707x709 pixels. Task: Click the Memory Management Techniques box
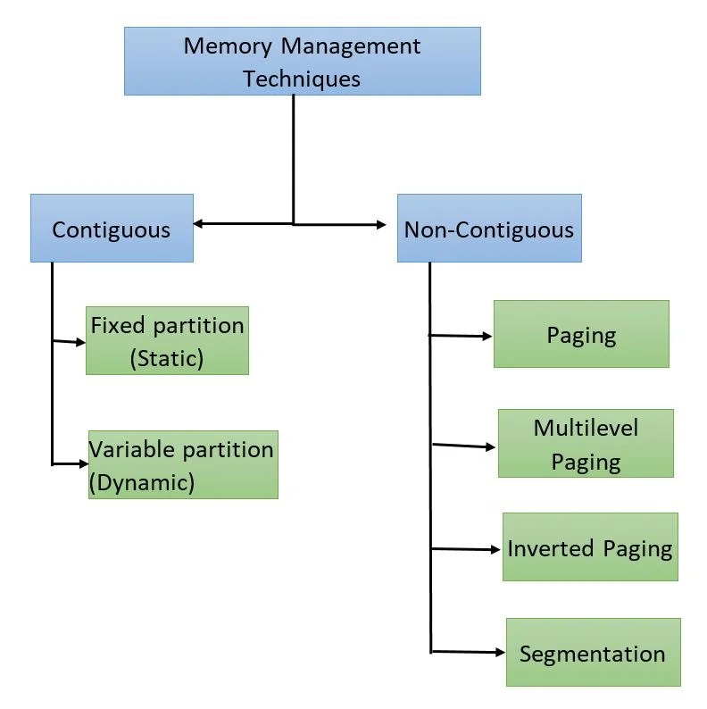point(302,61)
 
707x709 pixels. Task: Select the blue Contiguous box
point(112,228)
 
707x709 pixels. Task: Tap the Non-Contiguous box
point(488,228)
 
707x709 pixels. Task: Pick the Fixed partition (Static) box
point(167,340)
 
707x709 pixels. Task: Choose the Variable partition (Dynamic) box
point(183,464)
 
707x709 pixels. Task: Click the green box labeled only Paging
point(581,334)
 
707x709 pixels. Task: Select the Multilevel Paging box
point(586,444)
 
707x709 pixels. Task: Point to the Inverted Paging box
point(590,546)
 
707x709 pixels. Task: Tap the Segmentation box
point(593,652)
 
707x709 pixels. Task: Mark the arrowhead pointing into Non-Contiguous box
point(390,224)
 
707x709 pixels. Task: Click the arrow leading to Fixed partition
point(71,341)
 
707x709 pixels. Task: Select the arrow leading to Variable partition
point(71,464)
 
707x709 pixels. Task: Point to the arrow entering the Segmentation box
point(470,652)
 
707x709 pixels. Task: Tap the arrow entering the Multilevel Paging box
point(464,445)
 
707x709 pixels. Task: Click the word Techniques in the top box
point(302,78)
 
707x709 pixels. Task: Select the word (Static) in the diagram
point(167,358)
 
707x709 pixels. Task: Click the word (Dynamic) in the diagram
point(142,482)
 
